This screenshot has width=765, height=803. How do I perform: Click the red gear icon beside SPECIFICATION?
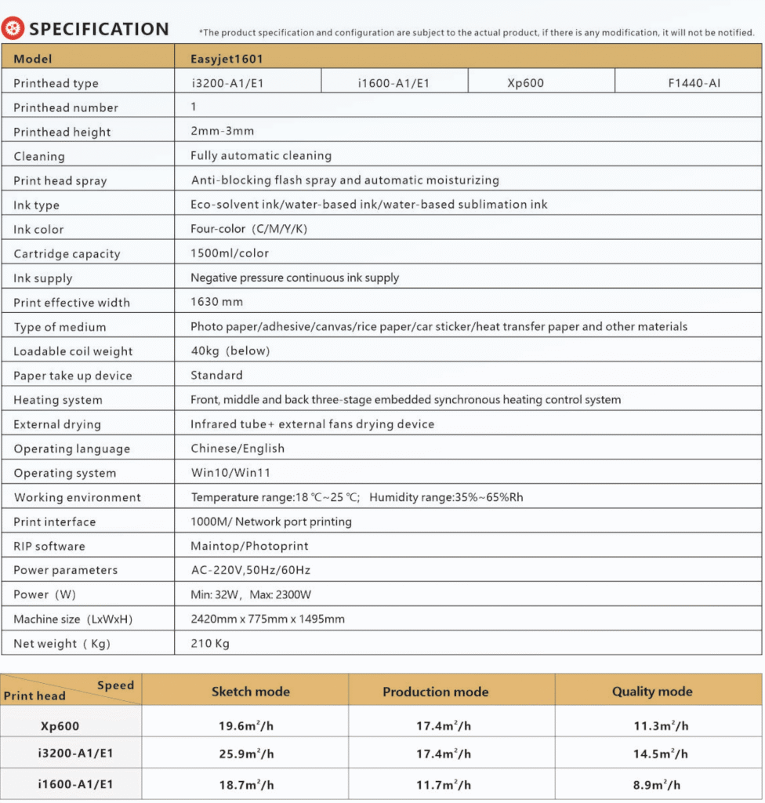(13, 30)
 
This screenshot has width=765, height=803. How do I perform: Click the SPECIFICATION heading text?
(99, 30)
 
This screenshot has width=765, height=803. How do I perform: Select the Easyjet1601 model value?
(231, 58)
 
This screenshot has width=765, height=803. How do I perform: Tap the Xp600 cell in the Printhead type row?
(525, 82)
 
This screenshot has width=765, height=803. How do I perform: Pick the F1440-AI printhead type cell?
(694, 82)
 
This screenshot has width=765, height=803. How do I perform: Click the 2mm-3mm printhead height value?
(222, 131)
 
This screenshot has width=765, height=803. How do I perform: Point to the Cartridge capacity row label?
(67, 253)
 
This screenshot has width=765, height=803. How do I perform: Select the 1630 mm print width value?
(216, 302)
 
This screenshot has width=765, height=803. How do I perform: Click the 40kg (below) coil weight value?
(230, 351)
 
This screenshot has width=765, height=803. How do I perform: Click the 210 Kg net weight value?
(210, 643)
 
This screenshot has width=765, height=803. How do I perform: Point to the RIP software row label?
(49, 546)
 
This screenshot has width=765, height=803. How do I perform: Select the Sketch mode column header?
(250, 692)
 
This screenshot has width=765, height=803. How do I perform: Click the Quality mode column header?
(652, 692)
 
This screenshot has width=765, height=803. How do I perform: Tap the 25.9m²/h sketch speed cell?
(246, 754)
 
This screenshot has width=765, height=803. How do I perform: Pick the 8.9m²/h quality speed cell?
(657, 784)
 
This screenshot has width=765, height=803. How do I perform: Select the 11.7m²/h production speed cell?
(444, 784)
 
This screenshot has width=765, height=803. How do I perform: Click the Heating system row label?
(58, 400)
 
